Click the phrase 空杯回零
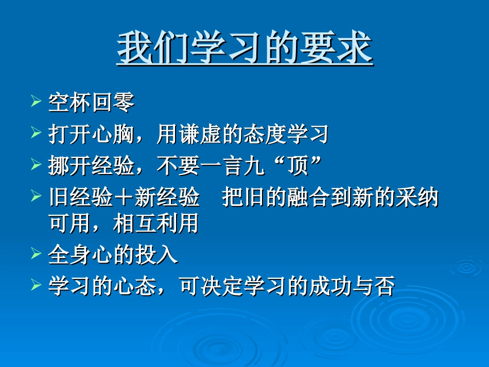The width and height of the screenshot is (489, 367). point(91,102)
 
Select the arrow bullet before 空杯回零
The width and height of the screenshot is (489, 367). point(36,101)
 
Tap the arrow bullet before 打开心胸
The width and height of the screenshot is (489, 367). point(36,132)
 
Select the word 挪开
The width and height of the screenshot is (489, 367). point(69,166)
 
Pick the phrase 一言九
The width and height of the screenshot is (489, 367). point(232,166)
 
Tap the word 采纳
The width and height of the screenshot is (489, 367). point(417,197)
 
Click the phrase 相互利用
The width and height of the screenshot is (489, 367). point(155,223)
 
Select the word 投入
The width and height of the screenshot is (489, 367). point(155,254)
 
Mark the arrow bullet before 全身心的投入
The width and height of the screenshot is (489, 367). point(36,253)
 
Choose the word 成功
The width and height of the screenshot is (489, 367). point(330,286)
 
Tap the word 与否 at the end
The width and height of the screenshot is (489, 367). point(374,286)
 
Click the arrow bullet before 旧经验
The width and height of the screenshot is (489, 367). point(36,196)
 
